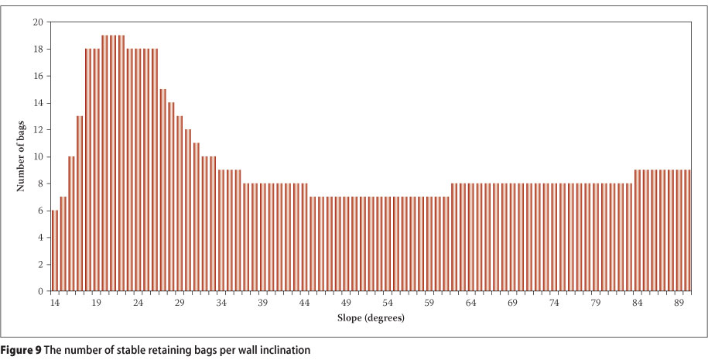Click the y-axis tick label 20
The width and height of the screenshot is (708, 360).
(x=38, y=22)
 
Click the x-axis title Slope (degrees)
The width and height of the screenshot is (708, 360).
(x=371, y=318)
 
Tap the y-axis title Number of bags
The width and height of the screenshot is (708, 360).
(x=21, y=156)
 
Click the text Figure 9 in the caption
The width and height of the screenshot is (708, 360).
(x=22, y=350)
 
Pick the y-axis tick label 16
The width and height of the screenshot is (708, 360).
(x=38, y=76)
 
